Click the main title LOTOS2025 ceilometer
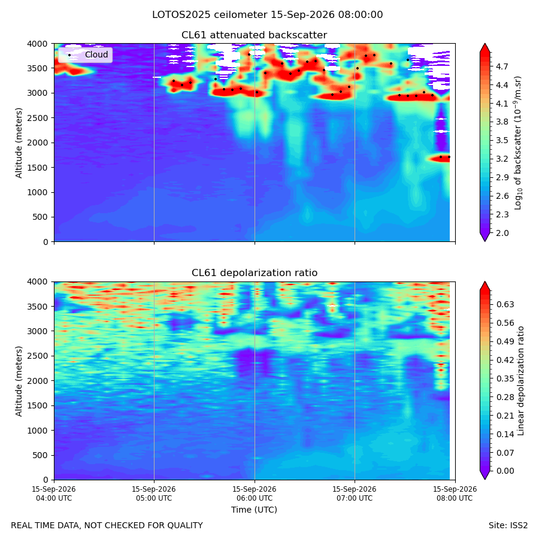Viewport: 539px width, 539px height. point(210,15)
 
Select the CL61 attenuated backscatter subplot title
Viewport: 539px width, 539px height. point(254,35)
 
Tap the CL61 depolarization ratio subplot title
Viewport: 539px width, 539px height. point(255,272)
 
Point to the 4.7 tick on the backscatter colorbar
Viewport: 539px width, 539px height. point(502,66)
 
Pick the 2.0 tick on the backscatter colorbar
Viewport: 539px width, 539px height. point(502,233)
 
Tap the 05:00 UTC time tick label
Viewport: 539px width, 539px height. point(154,493)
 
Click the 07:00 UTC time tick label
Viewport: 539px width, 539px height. point(355,493)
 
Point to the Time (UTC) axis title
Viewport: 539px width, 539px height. point(254,510)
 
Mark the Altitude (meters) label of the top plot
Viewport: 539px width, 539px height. point(19,143)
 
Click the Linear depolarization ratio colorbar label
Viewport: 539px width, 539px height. point(520,381)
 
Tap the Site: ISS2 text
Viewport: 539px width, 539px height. point(508,525)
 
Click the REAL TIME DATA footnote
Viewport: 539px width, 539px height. point(107,525)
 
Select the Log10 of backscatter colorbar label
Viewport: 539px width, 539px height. point(518,143)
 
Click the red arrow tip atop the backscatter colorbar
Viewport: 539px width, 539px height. point(485,44)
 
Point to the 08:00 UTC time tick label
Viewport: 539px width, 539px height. point(455,493)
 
